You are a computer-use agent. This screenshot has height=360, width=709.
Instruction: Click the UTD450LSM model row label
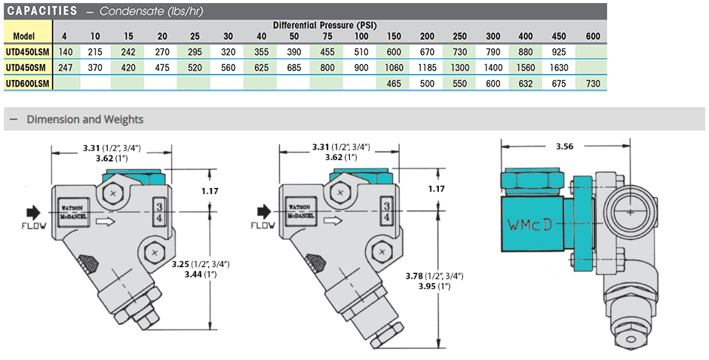26,52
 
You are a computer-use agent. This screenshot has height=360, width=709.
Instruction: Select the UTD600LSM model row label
26,83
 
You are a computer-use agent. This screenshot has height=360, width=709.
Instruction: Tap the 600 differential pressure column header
593,36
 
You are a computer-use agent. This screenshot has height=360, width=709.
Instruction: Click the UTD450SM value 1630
560,67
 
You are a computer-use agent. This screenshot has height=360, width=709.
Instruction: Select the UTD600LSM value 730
593,83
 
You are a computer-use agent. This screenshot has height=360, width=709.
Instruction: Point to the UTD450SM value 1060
394,67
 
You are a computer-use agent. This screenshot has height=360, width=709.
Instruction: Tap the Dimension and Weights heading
85,119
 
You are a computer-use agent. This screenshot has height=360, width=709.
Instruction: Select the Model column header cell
26,36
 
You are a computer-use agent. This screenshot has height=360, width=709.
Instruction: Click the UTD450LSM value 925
560,52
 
